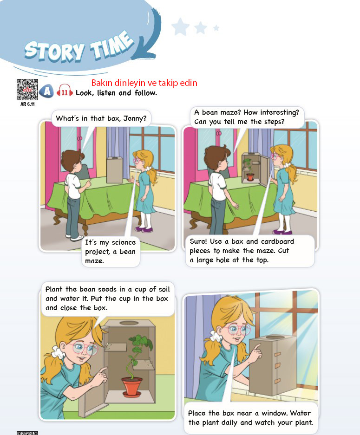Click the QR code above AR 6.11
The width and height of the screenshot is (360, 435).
point(27,90)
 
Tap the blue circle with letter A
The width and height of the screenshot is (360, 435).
point(46,91)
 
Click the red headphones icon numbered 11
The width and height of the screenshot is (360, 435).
point(65,91)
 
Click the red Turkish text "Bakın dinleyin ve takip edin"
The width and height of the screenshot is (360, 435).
point(144,83)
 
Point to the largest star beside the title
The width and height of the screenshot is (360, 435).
point(180,27)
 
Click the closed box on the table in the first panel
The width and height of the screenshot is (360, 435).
point(115,170)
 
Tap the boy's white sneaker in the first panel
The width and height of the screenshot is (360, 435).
point(76,238)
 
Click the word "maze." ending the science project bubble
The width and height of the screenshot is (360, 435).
point(94,261)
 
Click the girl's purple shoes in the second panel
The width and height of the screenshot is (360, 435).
point(282,232)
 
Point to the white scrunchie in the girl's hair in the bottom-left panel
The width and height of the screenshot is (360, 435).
point(58,352)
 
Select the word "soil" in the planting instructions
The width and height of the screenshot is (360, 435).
point(164,289)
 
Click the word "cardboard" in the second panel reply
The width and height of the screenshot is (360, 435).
point(278,241)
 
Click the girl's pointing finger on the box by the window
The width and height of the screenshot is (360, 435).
point(257,349)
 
